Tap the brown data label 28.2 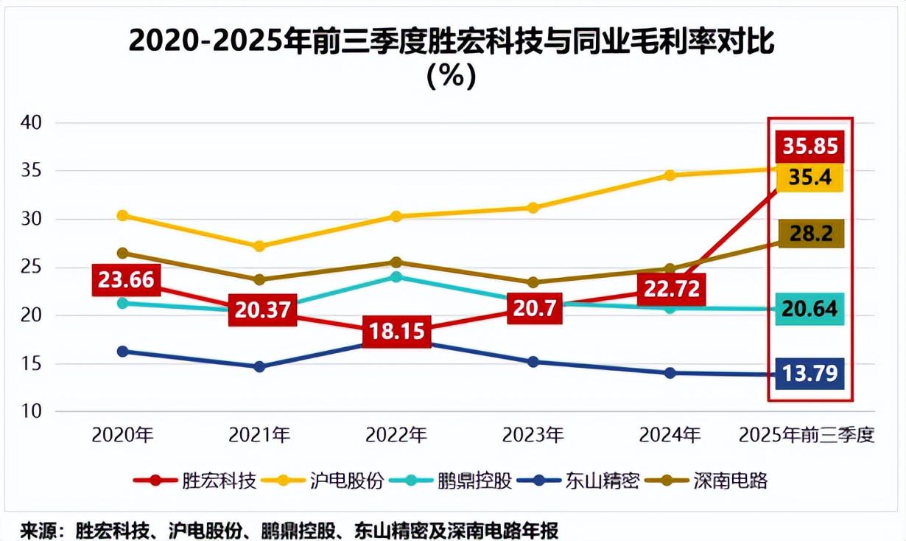click(810, 234)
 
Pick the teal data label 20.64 click(810, 309)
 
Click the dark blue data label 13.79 click(810, 374)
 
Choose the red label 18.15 click(396, 331)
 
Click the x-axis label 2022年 click(396, 435)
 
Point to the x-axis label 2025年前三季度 click(807, 435)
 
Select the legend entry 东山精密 click(603, 481)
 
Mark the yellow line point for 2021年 click(259, 246)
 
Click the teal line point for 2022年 click(396, 277)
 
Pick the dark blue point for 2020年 click(122, 352)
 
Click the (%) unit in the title click(452, 77)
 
